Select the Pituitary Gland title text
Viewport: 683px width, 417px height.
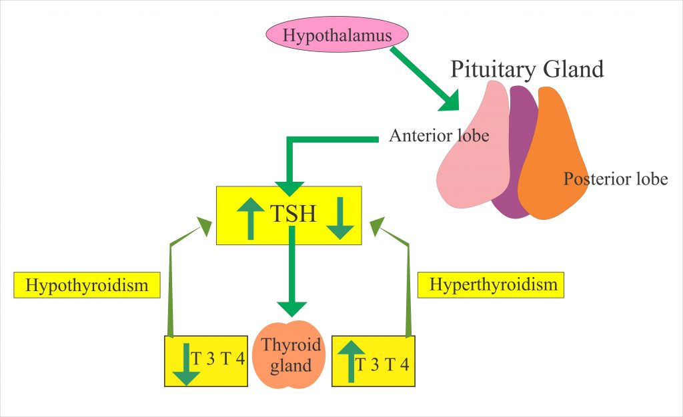point(527,69)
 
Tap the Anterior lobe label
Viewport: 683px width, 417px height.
point(439,136)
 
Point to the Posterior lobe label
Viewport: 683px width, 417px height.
point(615,179)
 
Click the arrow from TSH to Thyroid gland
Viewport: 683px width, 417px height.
point(292,273)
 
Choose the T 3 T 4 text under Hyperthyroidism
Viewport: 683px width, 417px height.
point(382,364)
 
